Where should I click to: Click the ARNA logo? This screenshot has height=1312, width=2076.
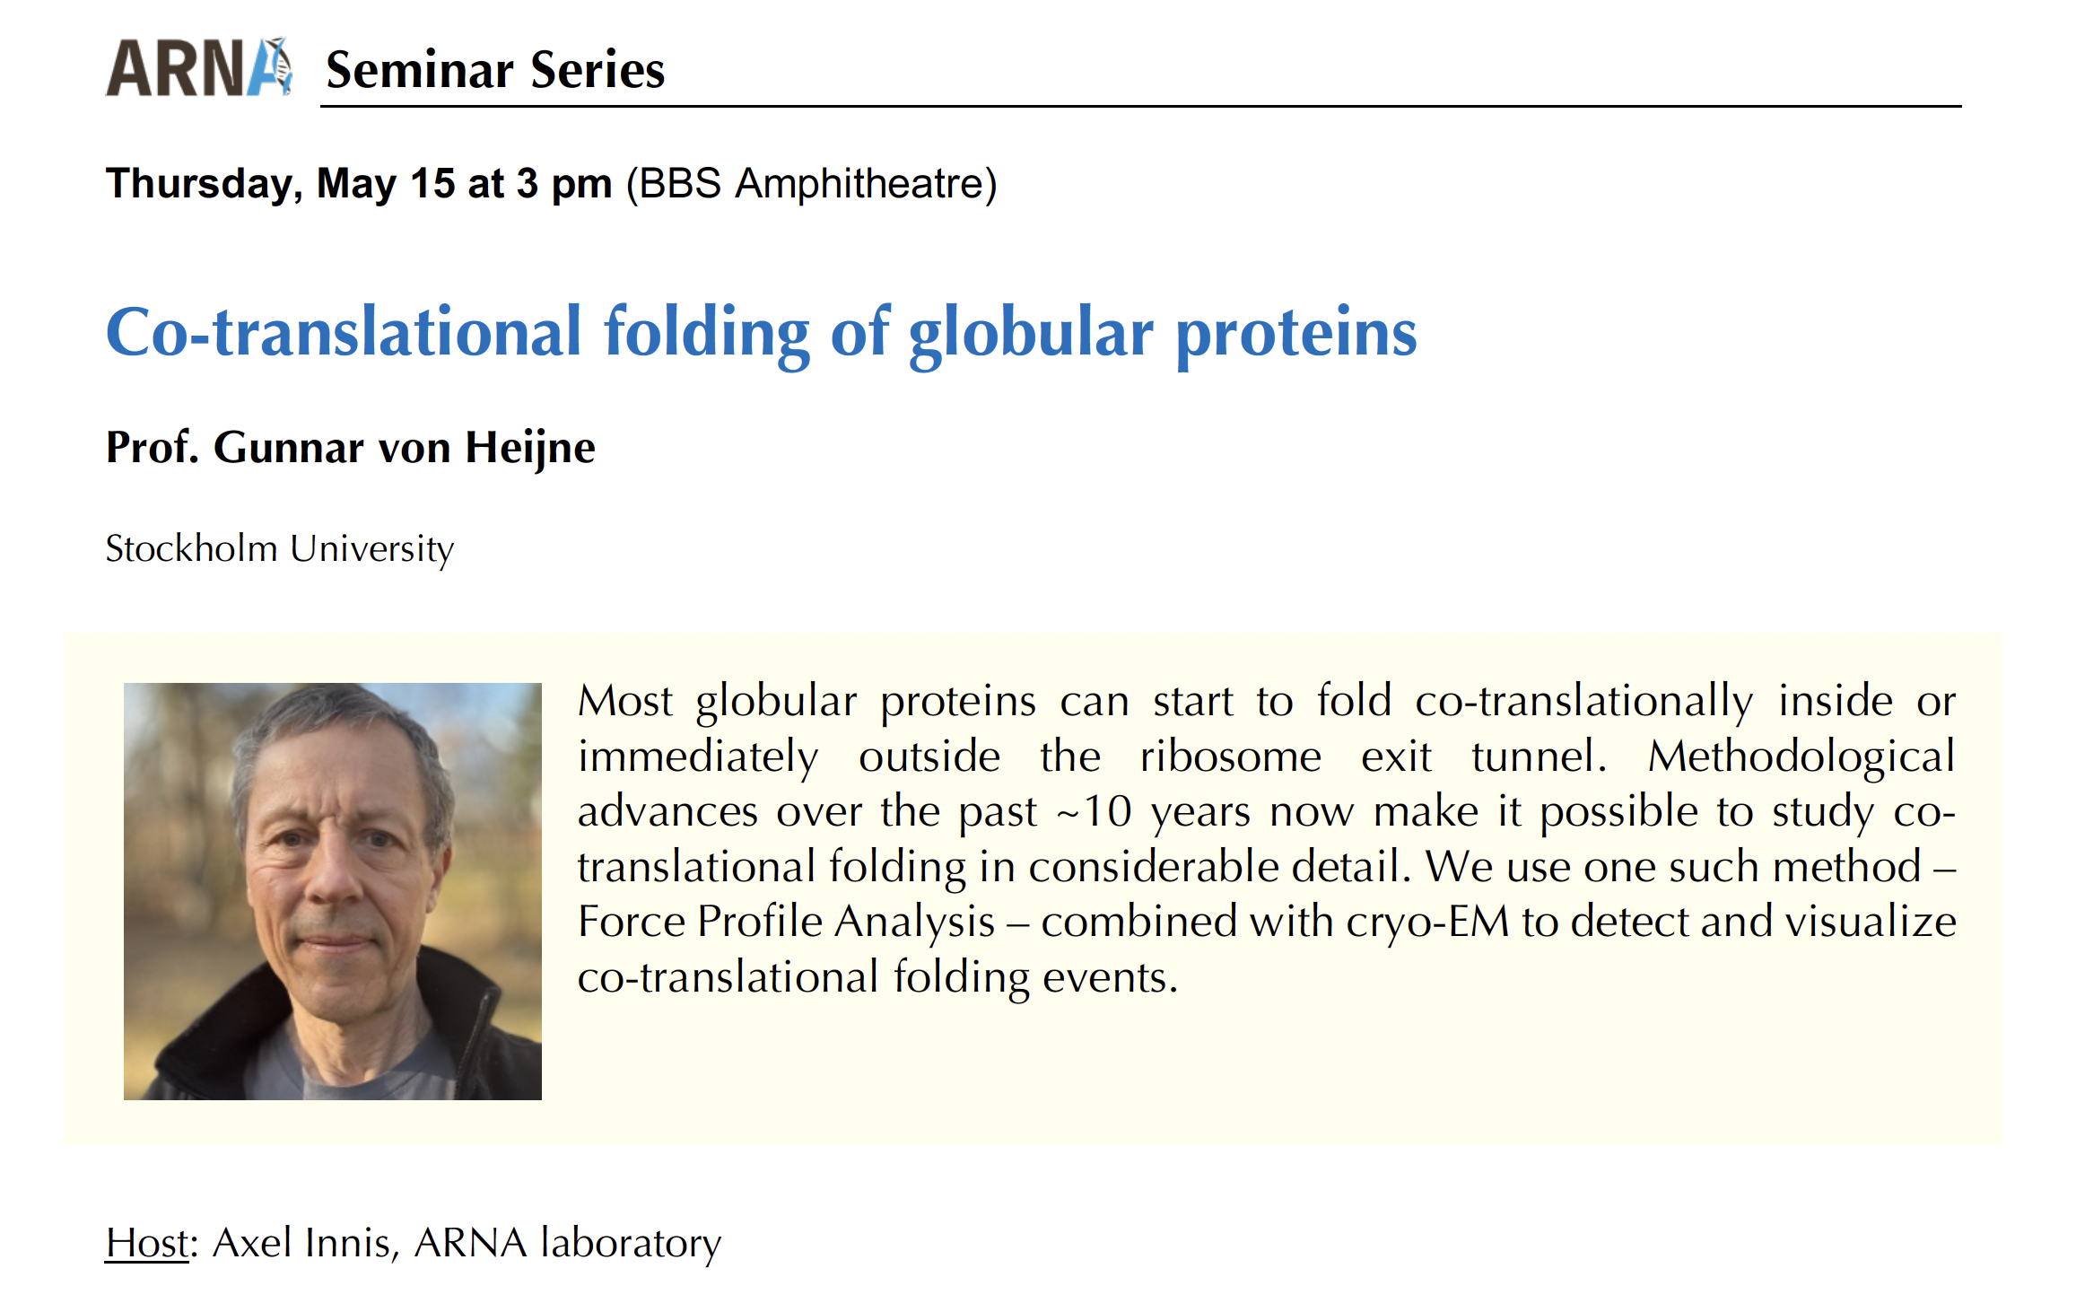tap(199, 67)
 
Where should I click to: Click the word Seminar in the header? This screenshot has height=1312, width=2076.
tap(420, 70)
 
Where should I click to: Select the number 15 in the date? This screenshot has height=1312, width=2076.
tap(433, 183)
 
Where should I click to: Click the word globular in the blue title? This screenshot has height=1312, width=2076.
tap(1031, 333)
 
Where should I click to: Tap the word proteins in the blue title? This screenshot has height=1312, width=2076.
tap(1296, 333)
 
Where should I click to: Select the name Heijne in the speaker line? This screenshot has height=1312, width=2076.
tap(529, 449)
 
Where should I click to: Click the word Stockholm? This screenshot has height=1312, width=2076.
tap(191, 548)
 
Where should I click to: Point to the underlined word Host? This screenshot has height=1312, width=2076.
tap(147, 1243)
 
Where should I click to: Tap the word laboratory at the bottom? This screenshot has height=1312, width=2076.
tap(631, 1244)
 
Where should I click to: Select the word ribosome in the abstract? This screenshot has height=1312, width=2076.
tap(1230, 756)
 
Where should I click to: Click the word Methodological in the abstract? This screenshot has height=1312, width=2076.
tap(1801, 756)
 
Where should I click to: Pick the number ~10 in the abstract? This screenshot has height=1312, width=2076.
tap(1094, 811)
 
